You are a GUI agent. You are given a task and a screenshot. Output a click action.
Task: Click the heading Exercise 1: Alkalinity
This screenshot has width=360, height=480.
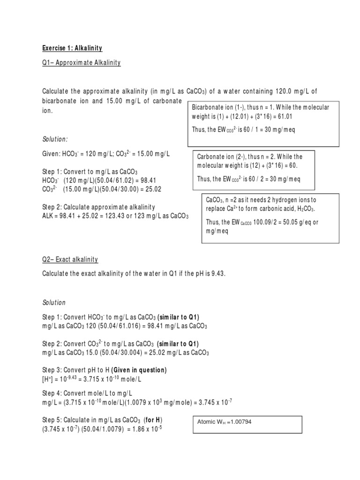[x=72, y=48]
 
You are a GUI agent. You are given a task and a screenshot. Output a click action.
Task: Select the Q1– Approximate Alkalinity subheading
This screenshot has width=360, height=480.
[x=82, y=63]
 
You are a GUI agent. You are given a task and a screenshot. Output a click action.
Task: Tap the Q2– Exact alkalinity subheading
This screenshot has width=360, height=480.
[x=70, y=260]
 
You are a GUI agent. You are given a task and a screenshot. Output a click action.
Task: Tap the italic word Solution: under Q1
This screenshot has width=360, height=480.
[x=55, y=140]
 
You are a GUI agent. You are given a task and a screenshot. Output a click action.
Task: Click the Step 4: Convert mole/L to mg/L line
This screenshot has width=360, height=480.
[x=84, y=393]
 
